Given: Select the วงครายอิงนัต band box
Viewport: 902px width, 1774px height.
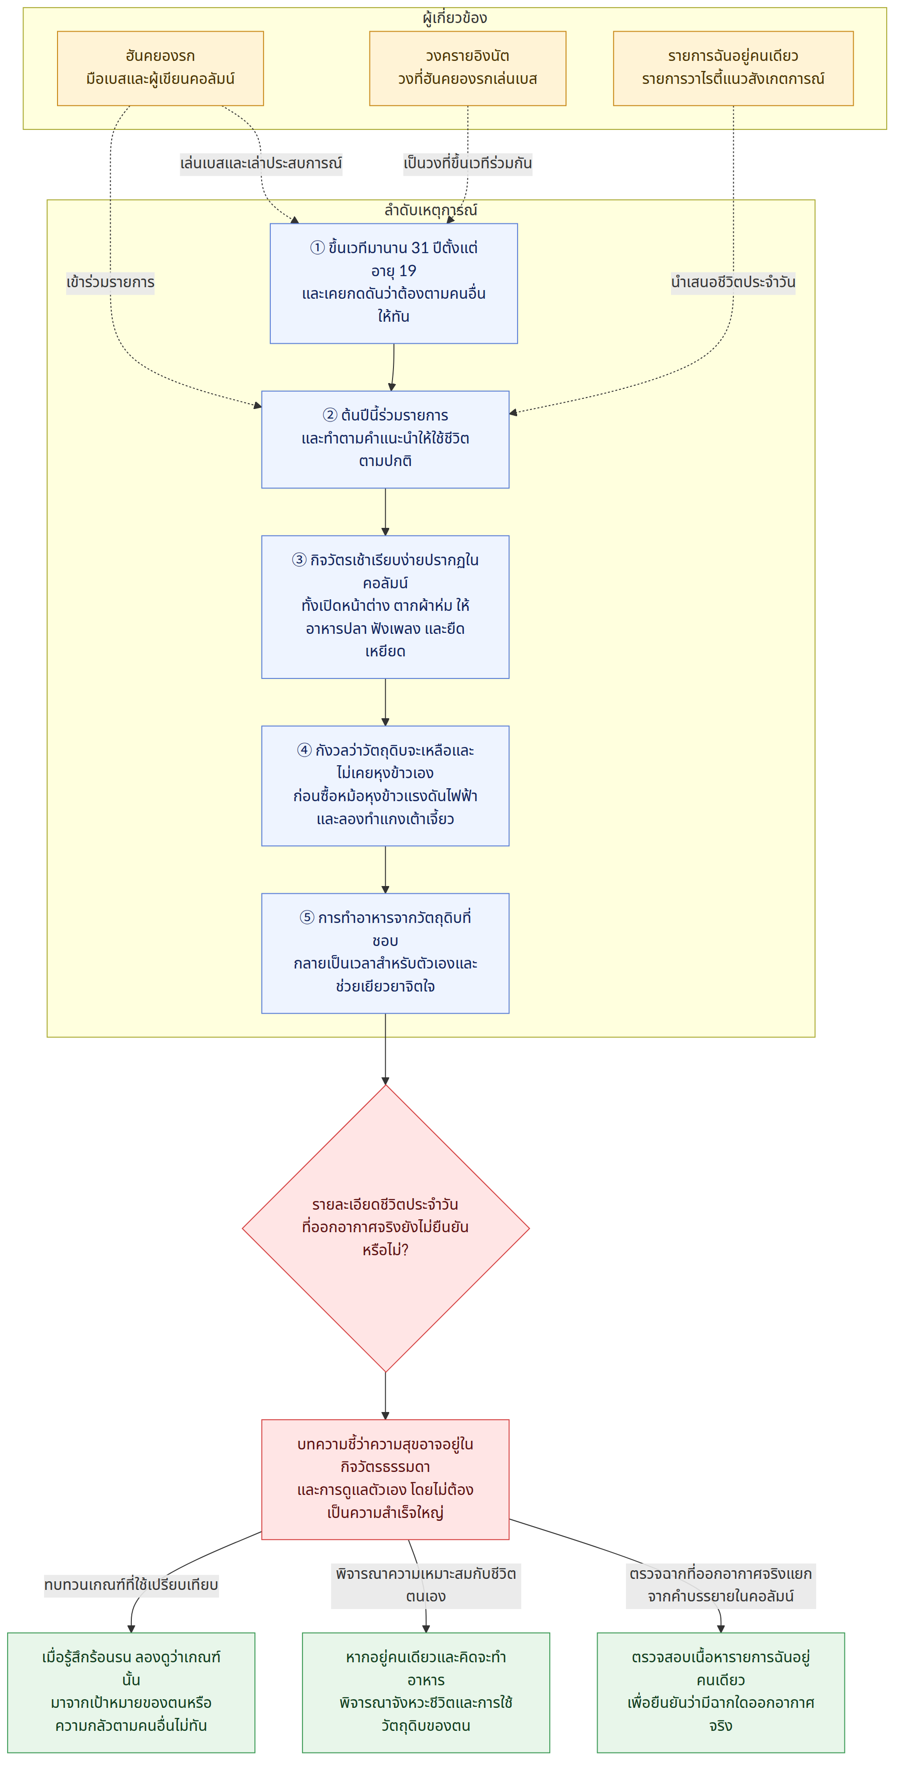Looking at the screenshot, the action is click(x=467, y=68).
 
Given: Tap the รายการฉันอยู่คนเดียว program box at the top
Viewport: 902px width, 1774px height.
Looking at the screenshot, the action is click(x=733, y=68).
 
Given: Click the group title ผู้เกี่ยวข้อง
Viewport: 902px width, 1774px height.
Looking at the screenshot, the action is click(x=454, y=18).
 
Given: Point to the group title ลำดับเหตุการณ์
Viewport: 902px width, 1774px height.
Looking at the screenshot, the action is click(x=430, y=210).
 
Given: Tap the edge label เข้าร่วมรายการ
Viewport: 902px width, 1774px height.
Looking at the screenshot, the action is click(x=110, y=282).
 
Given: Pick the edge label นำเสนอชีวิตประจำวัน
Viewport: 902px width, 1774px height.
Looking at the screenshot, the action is click(x=733, y=282).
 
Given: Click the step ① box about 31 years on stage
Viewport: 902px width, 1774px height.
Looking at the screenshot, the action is click(x=393, y=283).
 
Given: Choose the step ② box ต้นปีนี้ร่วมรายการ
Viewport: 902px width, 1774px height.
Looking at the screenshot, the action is click(x=385, y=439).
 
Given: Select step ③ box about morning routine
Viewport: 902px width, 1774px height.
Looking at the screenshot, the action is click(x=385, y=607).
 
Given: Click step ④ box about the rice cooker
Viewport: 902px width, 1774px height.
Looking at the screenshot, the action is click(x=385, y=786).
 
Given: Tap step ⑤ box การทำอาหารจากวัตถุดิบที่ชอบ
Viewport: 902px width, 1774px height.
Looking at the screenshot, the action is click(x=385, y=953).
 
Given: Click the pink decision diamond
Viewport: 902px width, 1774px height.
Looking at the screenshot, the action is click(x=386, y=1228).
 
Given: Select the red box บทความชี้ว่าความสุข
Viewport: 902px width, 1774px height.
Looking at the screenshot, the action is click(x=385, y=1479).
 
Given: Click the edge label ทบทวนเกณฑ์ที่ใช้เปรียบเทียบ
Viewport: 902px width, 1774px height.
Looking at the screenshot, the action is click(x=131, y=1585).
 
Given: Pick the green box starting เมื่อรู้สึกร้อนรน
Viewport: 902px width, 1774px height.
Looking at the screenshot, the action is click(x=131, y=1692).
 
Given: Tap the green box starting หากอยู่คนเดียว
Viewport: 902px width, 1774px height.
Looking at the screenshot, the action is click(x=426, y=1692).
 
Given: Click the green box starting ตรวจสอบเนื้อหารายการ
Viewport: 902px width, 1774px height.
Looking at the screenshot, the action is click(x=720, y=1692).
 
